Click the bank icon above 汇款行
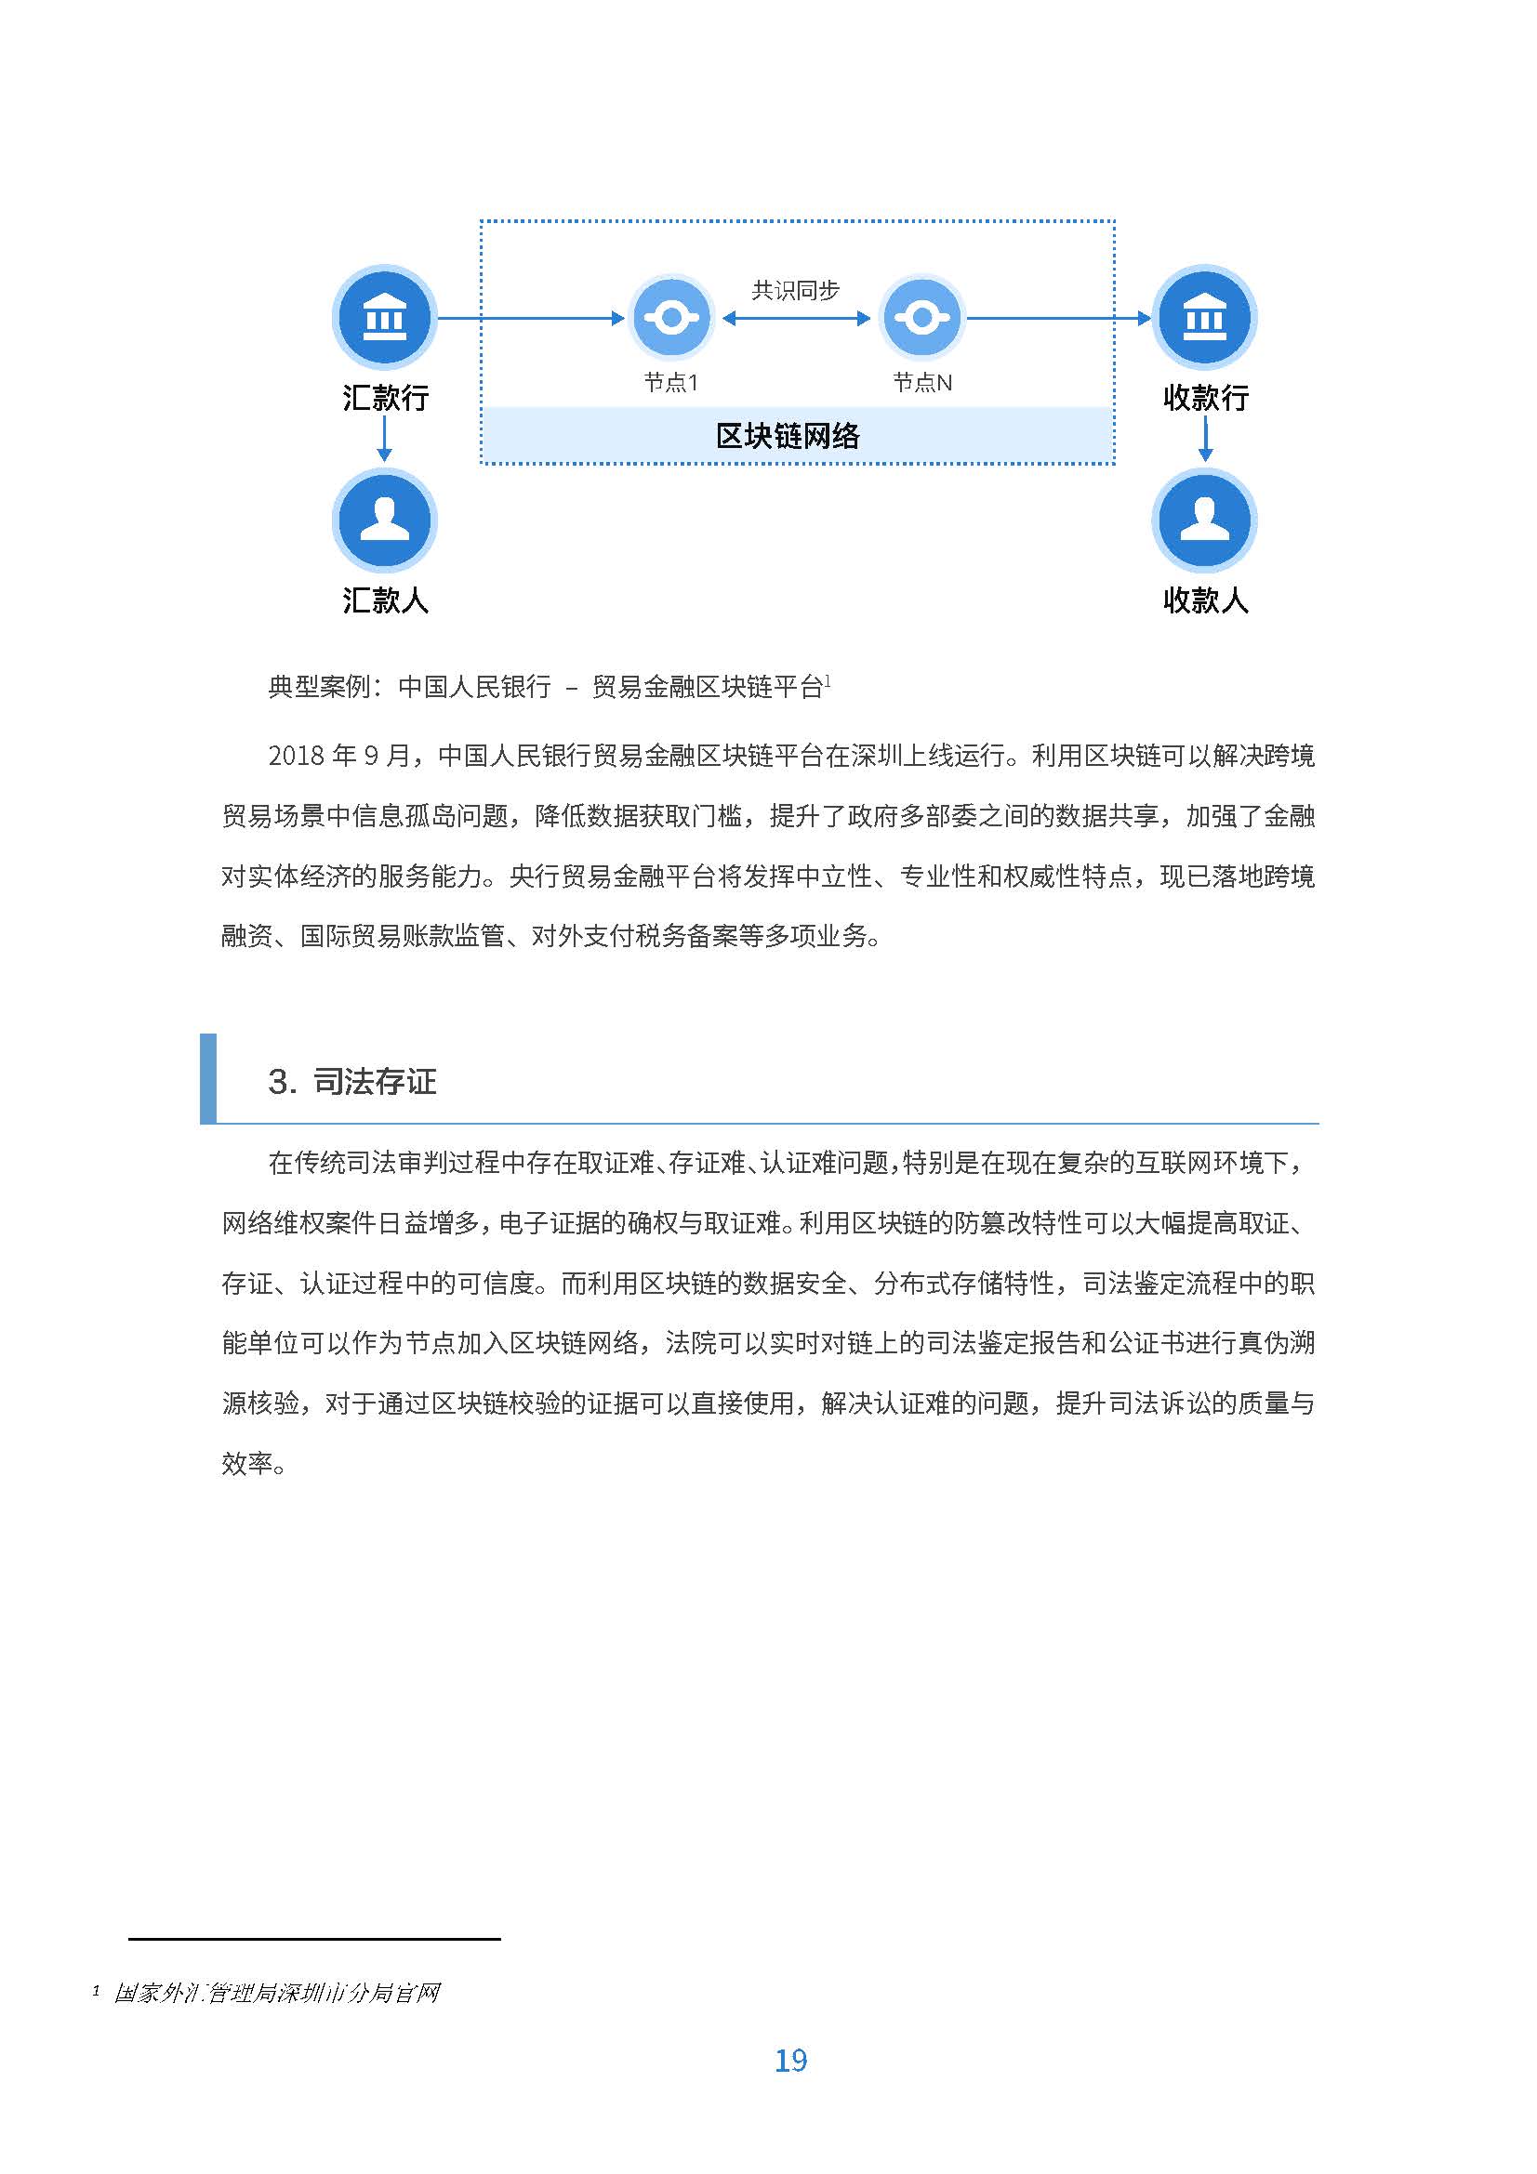click(x=385, y=317)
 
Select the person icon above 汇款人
click(x=385, y=520)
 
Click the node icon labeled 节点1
click(x=671, y=317)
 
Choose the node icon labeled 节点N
click(x=921, y=317)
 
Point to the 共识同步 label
click(x=796, y=291)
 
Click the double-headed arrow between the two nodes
click(x=796, y=318)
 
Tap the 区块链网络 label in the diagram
click(x=788, y=437)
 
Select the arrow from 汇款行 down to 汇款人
click(x=385, y=440)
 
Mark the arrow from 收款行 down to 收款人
click(x=1205, y=440)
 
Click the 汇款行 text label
click(x=386, y=398)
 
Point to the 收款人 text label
click(x=1206, y=600)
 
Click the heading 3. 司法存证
click(x=352, y=1081)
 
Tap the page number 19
click(x=790, y=2061)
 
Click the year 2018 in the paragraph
click(x=297, y=756)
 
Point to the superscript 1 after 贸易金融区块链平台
click(x=828, y=679)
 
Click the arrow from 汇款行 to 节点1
click(x=530, y=318)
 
